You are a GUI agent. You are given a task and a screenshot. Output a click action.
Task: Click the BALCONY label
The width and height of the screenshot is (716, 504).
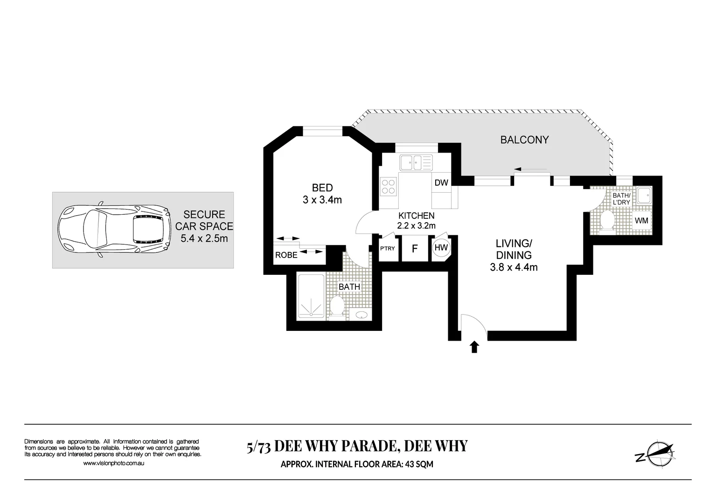pos(524,140)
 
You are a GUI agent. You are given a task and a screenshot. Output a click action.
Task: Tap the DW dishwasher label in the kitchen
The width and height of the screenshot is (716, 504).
pos(441,182)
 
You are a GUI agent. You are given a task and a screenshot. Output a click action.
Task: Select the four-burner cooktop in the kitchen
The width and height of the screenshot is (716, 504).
pos(389,186)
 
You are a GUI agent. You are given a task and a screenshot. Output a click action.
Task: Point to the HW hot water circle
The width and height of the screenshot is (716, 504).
pos(441,248)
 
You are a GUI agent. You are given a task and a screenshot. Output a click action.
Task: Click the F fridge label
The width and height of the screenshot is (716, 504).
pos(414,249)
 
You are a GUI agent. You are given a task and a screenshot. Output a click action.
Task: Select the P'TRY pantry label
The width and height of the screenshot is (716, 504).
pos(387,248)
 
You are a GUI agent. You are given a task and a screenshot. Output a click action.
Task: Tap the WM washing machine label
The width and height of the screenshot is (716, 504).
pos(641,220)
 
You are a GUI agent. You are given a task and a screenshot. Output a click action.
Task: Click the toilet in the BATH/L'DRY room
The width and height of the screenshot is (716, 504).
pos(607,220)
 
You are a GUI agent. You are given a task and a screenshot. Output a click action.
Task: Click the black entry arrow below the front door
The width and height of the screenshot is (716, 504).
pos(474,347)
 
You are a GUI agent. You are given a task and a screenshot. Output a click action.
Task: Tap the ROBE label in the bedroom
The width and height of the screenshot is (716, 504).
pos(286,255)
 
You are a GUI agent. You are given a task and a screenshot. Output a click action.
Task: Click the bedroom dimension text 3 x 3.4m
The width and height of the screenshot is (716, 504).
pos(322,200)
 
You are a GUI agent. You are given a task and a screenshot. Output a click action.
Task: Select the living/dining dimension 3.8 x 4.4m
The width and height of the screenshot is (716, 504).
pos(514,267)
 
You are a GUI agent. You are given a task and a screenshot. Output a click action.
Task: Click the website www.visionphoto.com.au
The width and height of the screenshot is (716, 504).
pos(113,463)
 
